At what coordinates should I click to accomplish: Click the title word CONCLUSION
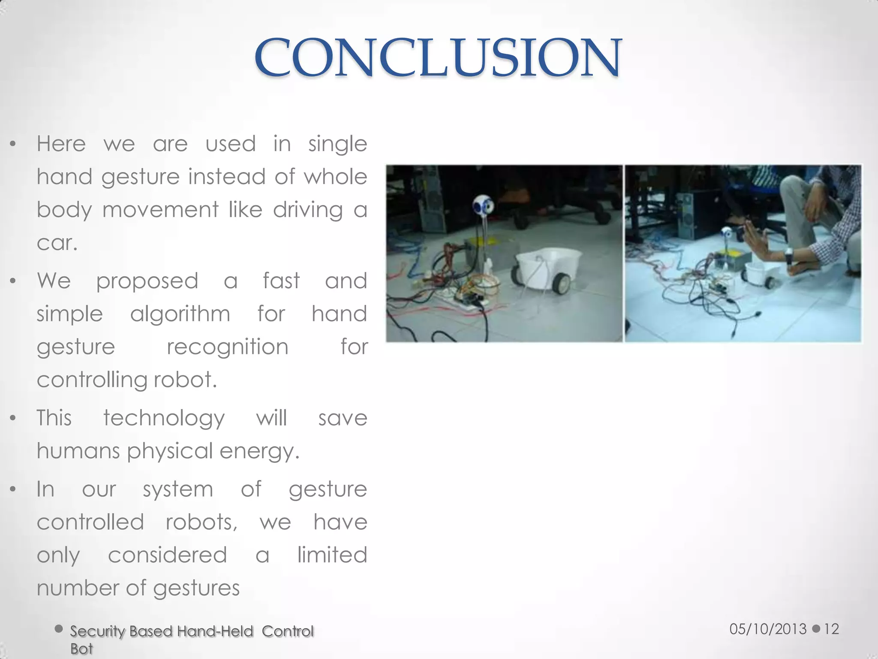point(437,58)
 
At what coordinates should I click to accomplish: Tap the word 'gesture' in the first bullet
point(140,177)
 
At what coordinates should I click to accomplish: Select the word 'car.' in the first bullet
point(57,243)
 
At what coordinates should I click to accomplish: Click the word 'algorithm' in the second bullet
point(180,314)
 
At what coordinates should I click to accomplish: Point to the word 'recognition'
point(227,347)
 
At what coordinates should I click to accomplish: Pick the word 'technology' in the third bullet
point(164,418)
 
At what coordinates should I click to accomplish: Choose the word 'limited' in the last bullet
point(332,555)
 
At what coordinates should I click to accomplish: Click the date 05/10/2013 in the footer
point(768,629)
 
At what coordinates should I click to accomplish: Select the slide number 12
point(831,629)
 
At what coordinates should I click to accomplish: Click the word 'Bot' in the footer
point(81,649)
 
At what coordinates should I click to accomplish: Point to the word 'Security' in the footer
point(97,632)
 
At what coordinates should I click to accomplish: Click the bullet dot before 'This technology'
point(13,418)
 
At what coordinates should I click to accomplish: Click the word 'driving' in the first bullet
point(308,210)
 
